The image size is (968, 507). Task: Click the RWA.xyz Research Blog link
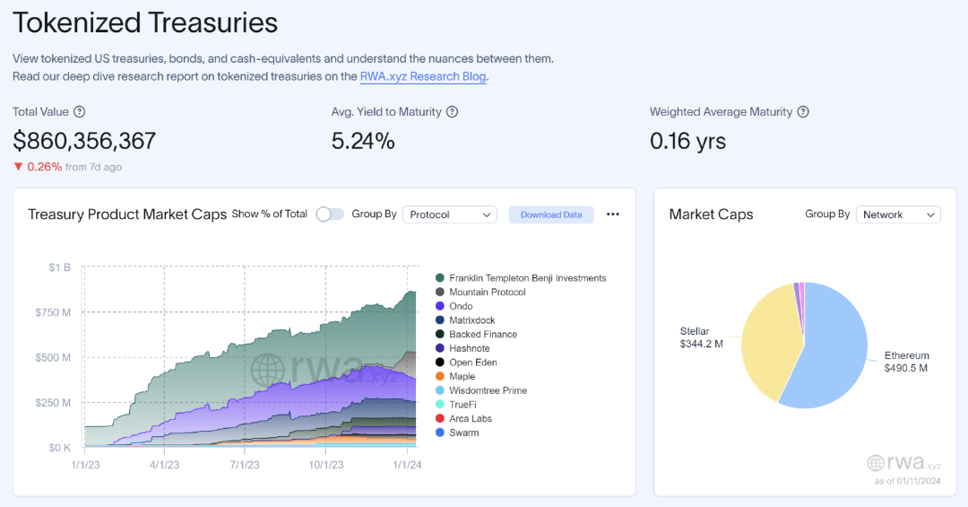point(423,76)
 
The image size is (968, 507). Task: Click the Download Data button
point(551,214)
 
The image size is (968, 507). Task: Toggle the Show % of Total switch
point(330,214)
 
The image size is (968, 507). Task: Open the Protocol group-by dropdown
point(450,214)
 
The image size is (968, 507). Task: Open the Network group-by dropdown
point(897,214)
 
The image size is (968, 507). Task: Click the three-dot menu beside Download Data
point(613,214)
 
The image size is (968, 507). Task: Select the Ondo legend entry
point(461,306)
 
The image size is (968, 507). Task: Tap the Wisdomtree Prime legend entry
point(488,390)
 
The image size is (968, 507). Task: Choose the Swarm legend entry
point(463,433)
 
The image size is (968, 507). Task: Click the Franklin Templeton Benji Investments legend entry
point(527,278)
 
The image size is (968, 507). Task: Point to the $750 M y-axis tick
point(55,312)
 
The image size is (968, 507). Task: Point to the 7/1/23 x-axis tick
point(245,465)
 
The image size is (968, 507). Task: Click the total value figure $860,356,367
point(84,141)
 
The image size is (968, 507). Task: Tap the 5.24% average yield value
point(363,141)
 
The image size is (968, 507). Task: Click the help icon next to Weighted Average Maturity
point(803,112)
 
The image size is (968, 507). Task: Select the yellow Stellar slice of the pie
point(771,345)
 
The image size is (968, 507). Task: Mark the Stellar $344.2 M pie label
point(701,337)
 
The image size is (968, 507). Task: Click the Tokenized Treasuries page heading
point(145,22)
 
